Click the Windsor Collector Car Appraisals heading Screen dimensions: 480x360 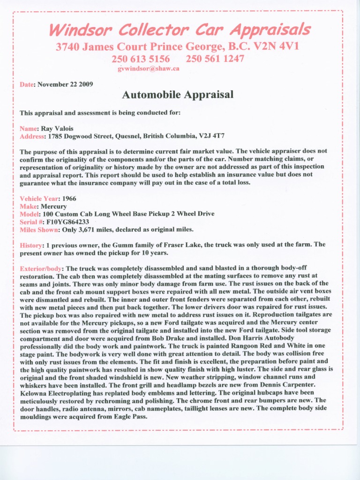click(x=180, y=30)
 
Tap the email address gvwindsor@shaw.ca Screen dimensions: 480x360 click(x=148, y=68)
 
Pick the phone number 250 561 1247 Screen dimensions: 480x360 click(x=215, y=59)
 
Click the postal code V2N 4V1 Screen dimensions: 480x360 click(x=273, y=47)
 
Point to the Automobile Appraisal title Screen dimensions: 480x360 click(x=178, y=95)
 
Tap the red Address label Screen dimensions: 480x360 click(x=31, y=136)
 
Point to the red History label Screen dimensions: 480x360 click(x=31, y=245)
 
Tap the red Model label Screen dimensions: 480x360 click(x=29, y=214)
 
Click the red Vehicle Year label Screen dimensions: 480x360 click(x=38, y=199)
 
